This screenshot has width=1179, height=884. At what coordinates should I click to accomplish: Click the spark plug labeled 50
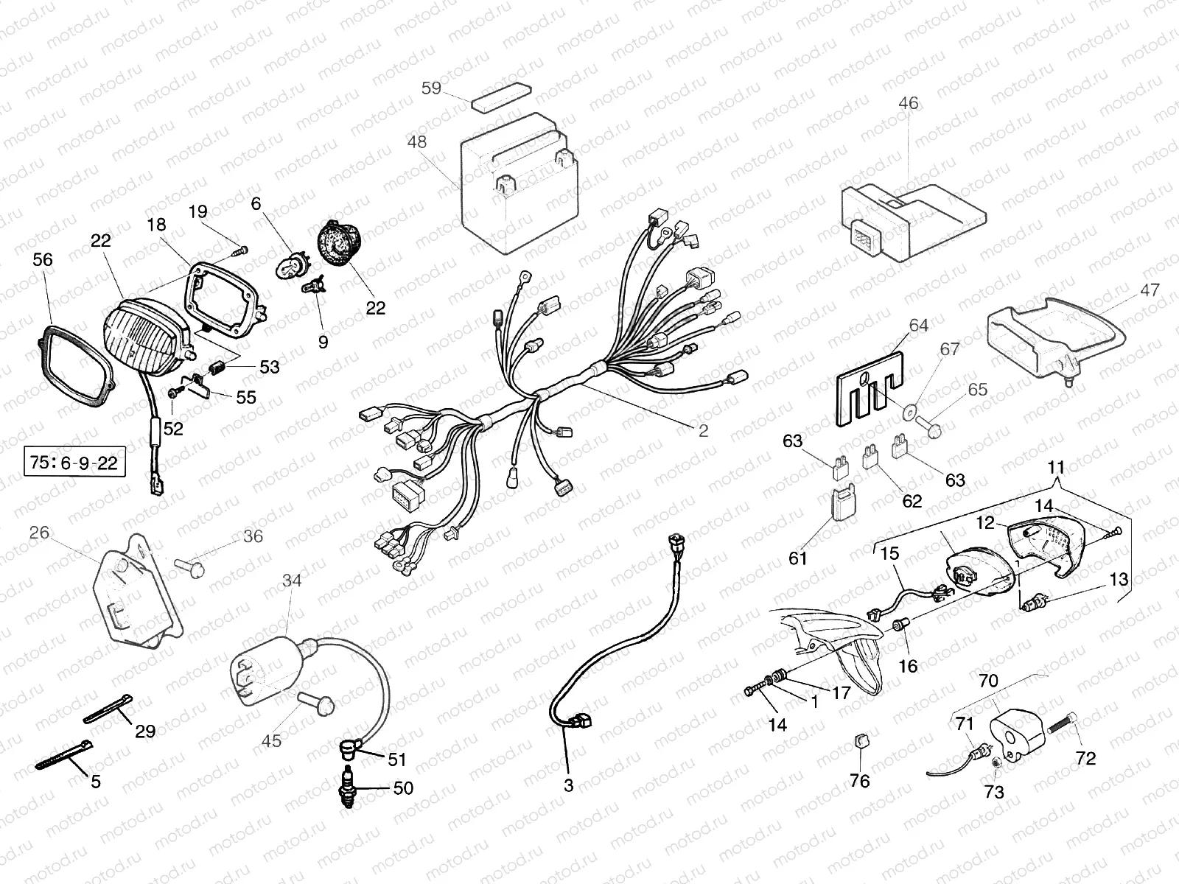coord(348,788)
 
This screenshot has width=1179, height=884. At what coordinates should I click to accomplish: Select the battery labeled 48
coord(520,183)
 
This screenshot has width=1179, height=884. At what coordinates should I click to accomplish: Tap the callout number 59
coord(431,88)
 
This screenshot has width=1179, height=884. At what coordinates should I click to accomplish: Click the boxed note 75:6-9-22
coord(74,462)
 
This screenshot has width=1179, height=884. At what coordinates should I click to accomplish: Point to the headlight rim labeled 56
coord(74,367)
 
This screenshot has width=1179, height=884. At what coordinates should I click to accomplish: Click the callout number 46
coord(909,103)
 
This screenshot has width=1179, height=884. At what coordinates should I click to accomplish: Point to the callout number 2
coord(703,430)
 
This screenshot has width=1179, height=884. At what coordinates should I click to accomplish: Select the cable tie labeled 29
coord(108,709)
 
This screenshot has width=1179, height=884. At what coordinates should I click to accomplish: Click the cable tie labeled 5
coord(64,754)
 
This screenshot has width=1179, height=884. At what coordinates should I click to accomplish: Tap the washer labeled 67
coord(909,413)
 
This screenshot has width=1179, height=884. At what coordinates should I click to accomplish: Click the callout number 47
coord(1150,290)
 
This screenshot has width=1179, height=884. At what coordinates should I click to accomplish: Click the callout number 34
coord(292,580)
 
